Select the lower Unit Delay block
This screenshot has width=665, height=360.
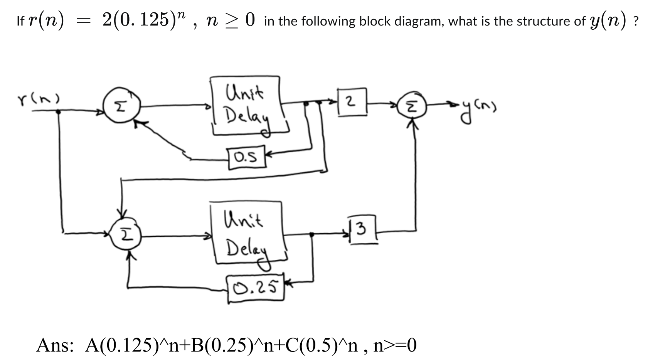(247, 233)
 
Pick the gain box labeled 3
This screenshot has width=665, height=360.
(362, 230)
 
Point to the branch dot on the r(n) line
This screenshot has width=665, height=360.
(59, 112)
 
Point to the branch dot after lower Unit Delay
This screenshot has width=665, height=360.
(311, 234)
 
